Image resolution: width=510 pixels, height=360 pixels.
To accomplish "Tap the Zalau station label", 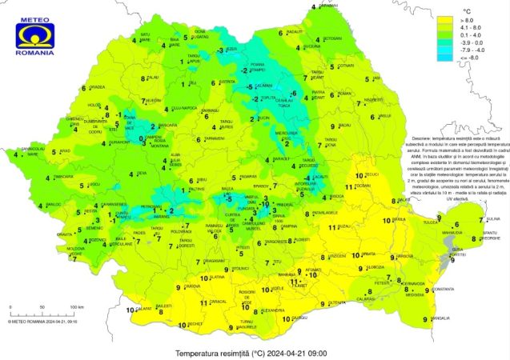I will pyautogui.click(x=152, y=78).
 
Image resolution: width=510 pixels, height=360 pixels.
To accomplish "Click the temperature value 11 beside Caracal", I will pyautogui.click(x=203, y=302).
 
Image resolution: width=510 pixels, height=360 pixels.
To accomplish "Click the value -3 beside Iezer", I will pyautogui.click(x=221, y=50).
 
